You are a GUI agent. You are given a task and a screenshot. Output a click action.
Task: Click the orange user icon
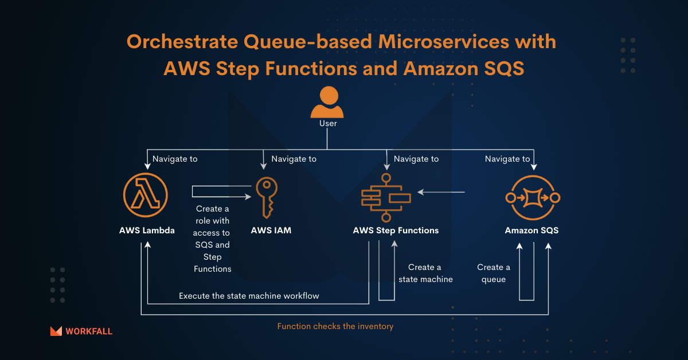[x=327, y=102]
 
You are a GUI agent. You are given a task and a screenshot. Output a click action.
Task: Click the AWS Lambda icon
[x=145, y=195]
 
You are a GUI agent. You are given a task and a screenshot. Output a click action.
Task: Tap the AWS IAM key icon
[x=267, y=197]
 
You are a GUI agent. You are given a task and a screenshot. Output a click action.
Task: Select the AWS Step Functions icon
[x=386, y=198]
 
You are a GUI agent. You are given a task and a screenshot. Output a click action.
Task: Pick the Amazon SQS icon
[x=533, y=198]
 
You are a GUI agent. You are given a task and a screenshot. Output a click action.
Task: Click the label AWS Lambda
[x=147, y=230]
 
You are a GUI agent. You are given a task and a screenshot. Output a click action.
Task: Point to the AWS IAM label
[x=271, y=230]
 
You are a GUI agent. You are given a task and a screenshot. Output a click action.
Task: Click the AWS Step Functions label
[x=396, y=230]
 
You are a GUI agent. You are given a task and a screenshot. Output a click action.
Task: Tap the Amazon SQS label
[x=531, y=230]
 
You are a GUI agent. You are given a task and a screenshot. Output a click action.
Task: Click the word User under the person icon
[x=328, y=123]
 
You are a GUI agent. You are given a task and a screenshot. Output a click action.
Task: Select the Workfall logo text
[x=89, y=331]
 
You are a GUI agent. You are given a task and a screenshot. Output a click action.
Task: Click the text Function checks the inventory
[x=335, y=326]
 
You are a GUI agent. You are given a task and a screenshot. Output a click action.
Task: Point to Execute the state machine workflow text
[x=249, y=296]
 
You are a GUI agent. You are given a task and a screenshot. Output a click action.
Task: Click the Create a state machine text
[x=425, y=273]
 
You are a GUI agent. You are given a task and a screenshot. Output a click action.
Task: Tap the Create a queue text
[x=494, y=273]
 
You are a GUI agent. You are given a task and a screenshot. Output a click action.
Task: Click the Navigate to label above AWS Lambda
[x=175, y=159]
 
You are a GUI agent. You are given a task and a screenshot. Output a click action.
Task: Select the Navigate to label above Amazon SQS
[x=507, y=159]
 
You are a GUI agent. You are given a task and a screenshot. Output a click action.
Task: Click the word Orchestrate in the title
[x=182, y=41]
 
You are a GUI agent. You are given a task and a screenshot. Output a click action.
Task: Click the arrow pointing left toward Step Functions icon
[x=441, y=192]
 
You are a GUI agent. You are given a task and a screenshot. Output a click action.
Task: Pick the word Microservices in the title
[x=444, y=41]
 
